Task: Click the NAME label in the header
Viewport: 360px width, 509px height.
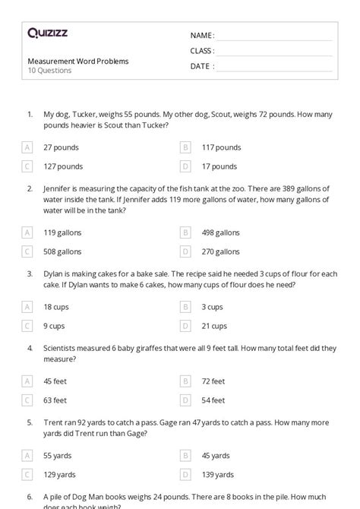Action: coord(202,36)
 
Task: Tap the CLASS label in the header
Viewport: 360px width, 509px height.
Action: coord(202,51)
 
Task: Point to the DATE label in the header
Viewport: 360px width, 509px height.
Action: coord(201,66)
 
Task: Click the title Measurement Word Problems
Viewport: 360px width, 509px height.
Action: coord(78,61)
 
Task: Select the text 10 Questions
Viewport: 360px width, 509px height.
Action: coord(50,71)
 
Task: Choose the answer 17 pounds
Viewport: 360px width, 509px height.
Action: coord(219,166)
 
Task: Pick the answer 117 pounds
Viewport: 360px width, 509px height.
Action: coord(221,147)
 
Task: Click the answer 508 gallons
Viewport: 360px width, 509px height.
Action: coord(62,251)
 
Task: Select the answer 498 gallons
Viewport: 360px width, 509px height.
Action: coord(220,232)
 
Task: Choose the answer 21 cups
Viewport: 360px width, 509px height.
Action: coord(214,326)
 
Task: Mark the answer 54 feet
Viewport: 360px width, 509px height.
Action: coord(213,400)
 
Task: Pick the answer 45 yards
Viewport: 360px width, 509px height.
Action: coord(216,456)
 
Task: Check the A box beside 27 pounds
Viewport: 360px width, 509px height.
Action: coord(27,147)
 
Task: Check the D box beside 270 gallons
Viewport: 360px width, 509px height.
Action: coord(185,251)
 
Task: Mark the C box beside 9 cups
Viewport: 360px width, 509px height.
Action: coord(27,326)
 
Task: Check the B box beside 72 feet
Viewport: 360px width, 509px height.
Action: coord(185,381)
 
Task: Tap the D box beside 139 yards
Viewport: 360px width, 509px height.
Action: coord(185,474)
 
